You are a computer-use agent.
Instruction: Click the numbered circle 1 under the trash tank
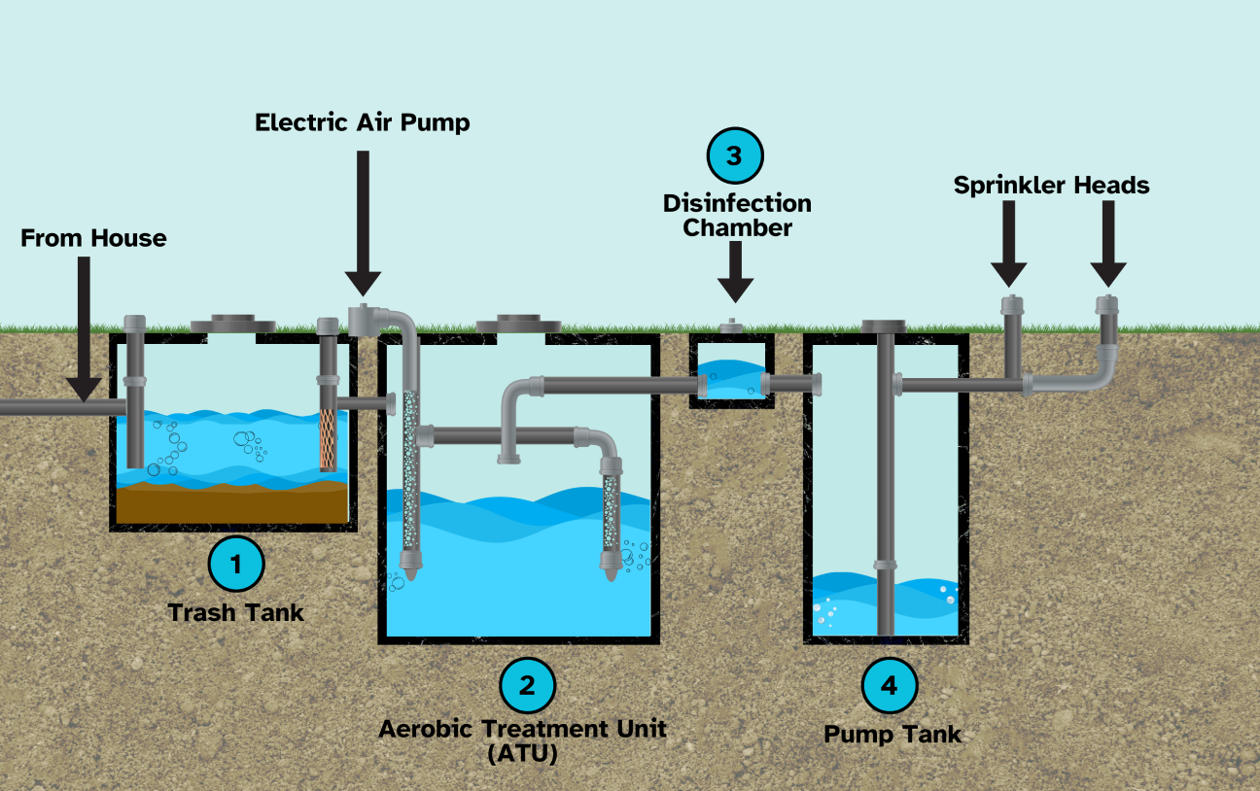click(x=236, y=565)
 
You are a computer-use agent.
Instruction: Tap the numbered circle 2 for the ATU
click(x=527, y=684)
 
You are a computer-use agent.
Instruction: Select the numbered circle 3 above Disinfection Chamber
click(x=735, y=155)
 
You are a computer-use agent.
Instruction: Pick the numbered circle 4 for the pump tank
click(x=890, y=685)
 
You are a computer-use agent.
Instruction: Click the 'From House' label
click(x=93, y=238)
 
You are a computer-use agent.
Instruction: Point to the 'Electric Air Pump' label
click(x=362, y=122)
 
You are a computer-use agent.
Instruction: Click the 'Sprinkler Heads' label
click(x=1051, y=185)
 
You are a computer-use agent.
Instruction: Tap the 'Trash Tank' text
click(x=236, y=613)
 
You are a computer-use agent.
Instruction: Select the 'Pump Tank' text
click(x=892, y=734)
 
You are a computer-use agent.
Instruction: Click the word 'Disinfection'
click(x=737, y=204)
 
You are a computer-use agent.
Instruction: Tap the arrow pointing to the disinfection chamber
click(x=735, y=272)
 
